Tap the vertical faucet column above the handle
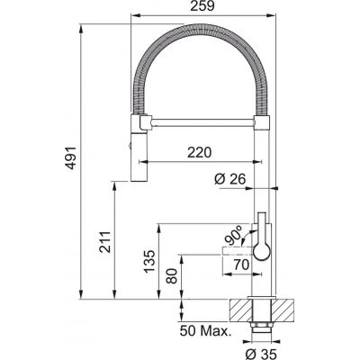[x=261, y=180]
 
